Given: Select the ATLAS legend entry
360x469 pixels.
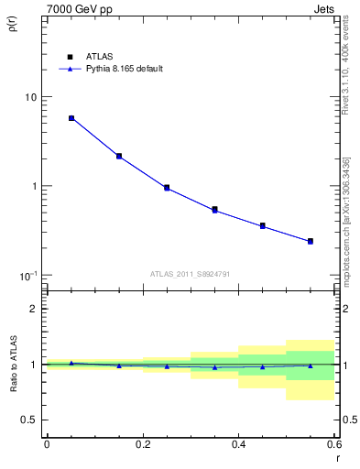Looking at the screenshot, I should [x=97, y=55].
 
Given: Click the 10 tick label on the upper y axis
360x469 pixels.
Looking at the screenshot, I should [x=30, y=97].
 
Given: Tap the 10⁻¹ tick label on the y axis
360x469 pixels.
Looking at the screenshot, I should [x=27, y=276].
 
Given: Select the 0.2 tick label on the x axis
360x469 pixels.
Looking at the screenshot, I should [x=142, y=444].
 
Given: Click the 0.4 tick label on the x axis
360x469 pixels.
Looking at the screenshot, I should [x=238, y=444].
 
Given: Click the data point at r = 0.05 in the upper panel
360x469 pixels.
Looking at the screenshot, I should [x=71, y=118].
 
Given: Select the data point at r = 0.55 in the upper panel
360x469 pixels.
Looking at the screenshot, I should [x=311, y=241].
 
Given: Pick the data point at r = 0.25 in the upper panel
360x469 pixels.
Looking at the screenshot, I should [x=167, y=188].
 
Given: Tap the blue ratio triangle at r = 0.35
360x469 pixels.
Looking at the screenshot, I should [x=214, y=367].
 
